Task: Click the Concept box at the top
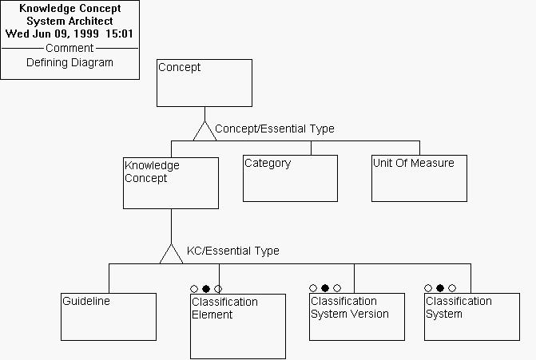(x=204, y=83)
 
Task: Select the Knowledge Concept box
(x=171, y=183)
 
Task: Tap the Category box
(x=290, y=178)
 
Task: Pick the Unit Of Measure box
(x=419, y=178)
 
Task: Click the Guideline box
(x=109, y=317)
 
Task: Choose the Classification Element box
(x=237, y=326)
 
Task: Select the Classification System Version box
(x=357, y=317)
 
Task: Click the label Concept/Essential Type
(x=275, y=129)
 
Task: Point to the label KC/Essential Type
(x=233, y=251)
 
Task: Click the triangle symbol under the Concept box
(x=204, y=130)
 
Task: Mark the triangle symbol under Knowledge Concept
(x=171, y=254)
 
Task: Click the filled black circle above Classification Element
(x=206, y=289)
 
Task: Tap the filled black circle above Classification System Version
(x=325, y=288)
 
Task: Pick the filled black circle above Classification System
(x=439, y=288)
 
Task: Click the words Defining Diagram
(x=69, y=62)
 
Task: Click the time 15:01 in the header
(x=119, y=34)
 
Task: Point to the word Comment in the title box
(x=69, y=48)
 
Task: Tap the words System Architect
(x=70, y=21)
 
